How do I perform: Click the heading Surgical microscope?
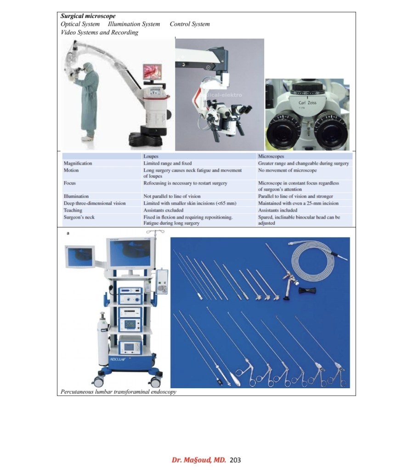click(88, 16)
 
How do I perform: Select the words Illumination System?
click(134, 24)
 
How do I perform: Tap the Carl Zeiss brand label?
click(307, 102)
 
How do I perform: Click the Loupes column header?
click(151, 156)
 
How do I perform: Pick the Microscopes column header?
click(271, 156)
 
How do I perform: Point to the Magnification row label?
click(78, 164)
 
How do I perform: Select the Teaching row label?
click(73, 210)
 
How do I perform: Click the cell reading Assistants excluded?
click(164, 210)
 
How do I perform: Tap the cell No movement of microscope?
click(288, 170)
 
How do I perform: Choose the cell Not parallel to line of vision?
click(172, 196)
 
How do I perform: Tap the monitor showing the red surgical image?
click(152, 72)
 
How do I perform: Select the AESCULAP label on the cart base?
click(118, 359)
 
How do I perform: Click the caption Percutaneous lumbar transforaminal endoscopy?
click(119, 392)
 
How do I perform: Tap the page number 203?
click(235, 460)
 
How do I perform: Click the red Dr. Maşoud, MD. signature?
click(199, 460)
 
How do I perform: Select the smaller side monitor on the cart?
click(80, 256)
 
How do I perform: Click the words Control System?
click(190, 24)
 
